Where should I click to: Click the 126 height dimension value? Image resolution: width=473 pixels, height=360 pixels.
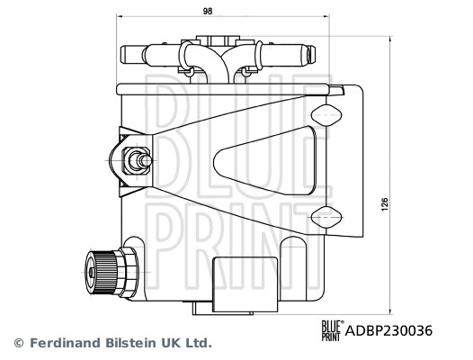tap(385, 206)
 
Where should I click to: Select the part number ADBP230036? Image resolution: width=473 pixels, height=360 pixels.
tap(389, 330)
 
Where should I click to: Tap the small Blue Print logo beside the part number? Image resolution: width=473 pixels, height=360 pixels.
tap(331, 330)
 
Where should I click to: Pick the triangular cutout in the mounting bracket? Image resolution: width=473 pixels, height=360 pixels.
tap(261, 162)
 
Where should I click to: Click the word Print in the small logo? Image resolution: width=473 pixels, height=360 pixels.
tap(331, 337)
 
